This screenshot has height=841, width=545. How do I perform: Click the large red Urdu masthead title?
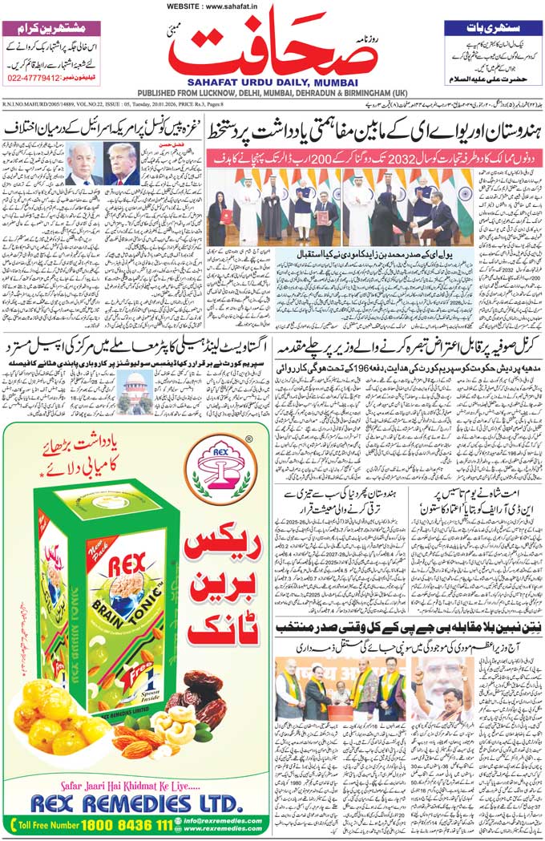(x=272, y=48)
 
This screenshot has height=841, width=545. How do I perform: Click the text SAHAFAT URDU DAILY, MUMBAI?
(x=272, y=82)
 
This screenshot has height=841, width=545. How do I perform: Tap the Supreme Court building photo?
(x=135, y=394)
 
